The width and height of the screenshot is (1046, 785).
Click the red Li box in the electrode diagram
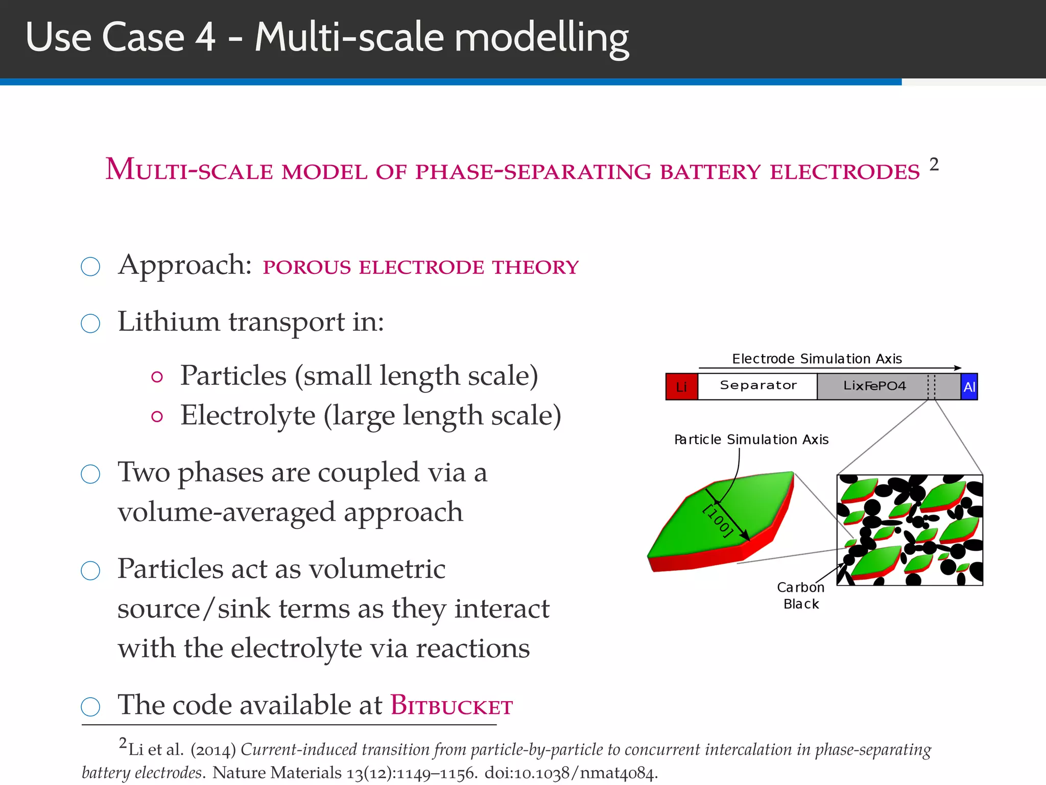coord(681,386)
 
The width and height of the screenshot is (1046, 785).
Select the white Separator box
coord(758,386)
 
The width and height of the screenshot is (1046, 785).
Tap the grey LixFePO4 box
coord(874,386)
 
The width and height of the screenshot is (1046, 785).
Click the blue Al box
coord(969,387)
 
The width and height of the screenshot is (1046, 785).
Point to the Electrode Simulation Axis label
coord(817,359)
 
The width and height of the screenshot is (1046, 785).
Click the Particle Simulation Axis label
coord(751,440)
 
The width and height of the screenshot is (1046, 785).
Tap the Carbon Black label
coord(800,596)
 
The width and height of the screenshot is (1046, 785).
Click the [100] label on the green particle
coord(718,520)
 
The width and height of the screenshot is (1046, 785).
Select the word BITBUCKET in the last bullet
coord(451,706)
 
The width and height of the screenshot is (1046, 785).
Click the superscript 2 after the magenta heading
coord(934,165)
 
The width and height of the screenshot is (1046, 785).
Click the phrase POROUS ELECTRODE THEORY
coord(420,267)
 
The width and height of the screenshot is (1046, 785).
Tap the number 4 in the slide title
coord(206,37)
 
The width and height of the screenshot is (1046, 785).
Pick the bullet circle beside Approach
coord(90,266)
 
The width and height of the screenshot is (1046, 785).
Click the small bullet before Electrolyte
coord(157,417)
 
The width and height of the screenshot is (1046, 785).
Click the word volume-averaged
coord(226,512)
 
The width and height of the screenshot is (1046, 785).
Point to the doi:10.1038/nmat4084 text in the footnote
coord(570,773)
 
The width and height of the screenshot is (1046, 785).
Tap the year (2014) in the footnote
coord(213,750)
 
